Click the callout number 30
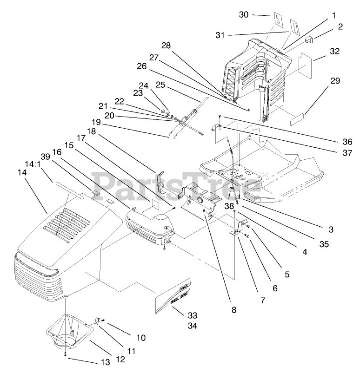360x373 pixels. [x=244, y=14]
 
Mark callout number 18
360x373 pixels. [x=91, y=131]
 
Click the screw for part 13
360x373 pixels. [x=66, y=354]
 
